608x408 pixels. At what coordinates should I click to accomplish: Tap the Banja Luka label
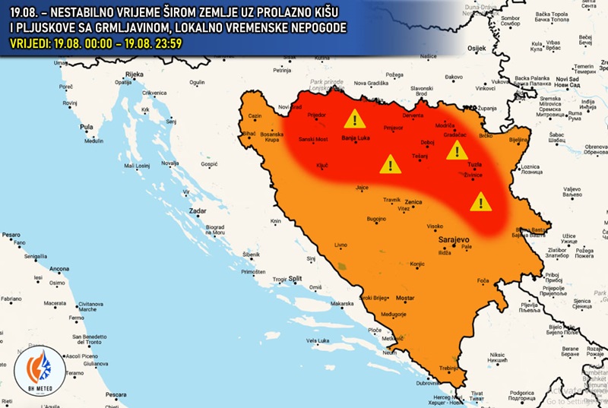click(x=355, y=139)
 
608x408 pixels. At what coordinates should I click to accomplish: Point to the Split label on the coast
click(x=296, y=279)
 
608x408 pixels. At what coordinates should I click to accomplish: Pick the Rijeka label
click(x=135, y=74)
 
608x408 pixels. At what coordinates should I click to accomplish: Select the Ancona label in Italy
click(x=59, y=269)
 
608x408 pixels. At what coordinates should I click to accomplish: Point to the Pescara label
click(x=116, y=394)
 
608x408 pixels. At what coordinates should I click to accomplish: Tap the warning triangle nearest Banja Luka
click(x=354, y=119)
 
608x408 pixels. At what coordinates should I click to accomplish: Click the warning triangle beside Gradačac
click(x=457, y=150)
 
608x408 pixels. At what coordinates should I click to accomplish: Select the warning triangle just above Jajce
click(x=390, y=163)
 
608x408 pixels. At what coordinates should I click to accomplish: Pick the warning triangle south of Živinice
click(x=480, y=202)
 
